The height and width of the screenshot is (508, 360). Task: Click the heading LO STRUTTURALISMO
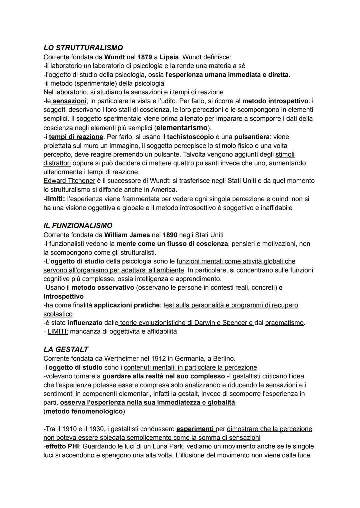pos(83,48)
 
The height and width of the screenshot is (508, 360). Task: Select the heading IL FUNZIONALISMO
pos(78,226)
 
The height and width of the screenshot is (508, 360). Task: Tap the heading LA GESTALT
pos(66,349)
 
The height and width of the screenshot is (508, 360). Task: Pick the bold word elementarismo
pos(182,128)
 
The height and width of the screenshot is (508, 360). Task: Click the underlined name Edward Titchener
pos(69,181)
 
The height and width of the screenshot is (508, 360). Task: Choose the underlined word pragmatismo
pos(284,323)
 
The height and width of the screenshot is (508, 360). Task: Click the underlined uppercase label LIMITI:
pos(58,331)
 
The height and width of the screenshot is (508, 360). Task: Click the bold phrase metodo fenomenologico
pos(84,411)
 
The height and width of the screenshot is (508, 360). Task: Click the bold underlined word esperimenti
pos(195,429)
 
